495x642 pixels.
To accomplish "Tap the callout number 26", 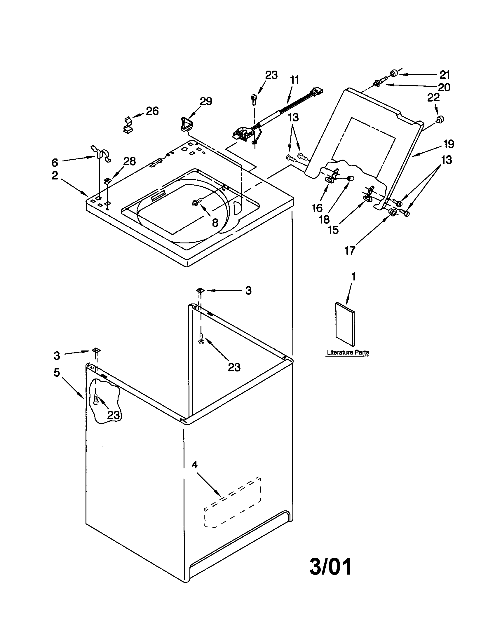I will pyautogui.click(x=152, y=111).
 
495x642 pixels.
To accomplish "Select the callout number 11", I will pyautogui.click(x=294, y=80).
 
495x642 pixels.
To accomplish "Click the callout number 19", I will pyautogui.click(x=449, y=144).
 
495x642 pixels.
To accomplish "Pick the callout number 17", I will pyautogui.click(x=350, y=250).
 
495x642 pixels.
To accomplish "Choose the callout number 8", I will pyautogui.click(x=215, y=223).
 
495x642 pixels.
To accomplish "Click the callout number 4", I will pyautogui.click(x=195, y=465).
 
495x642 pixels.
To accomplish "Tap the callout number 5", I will pyautogui.click(x=57, y=372).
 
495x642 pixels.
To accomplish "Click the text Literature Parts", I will pyautogui.click(x=348, y=353).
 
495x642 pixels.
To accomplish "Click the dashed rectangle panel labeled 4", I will pyautogui.click(x=232, y=503).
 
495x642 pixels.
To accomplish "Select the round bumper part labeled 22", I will pyautogui.click(x=440, y=119).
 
